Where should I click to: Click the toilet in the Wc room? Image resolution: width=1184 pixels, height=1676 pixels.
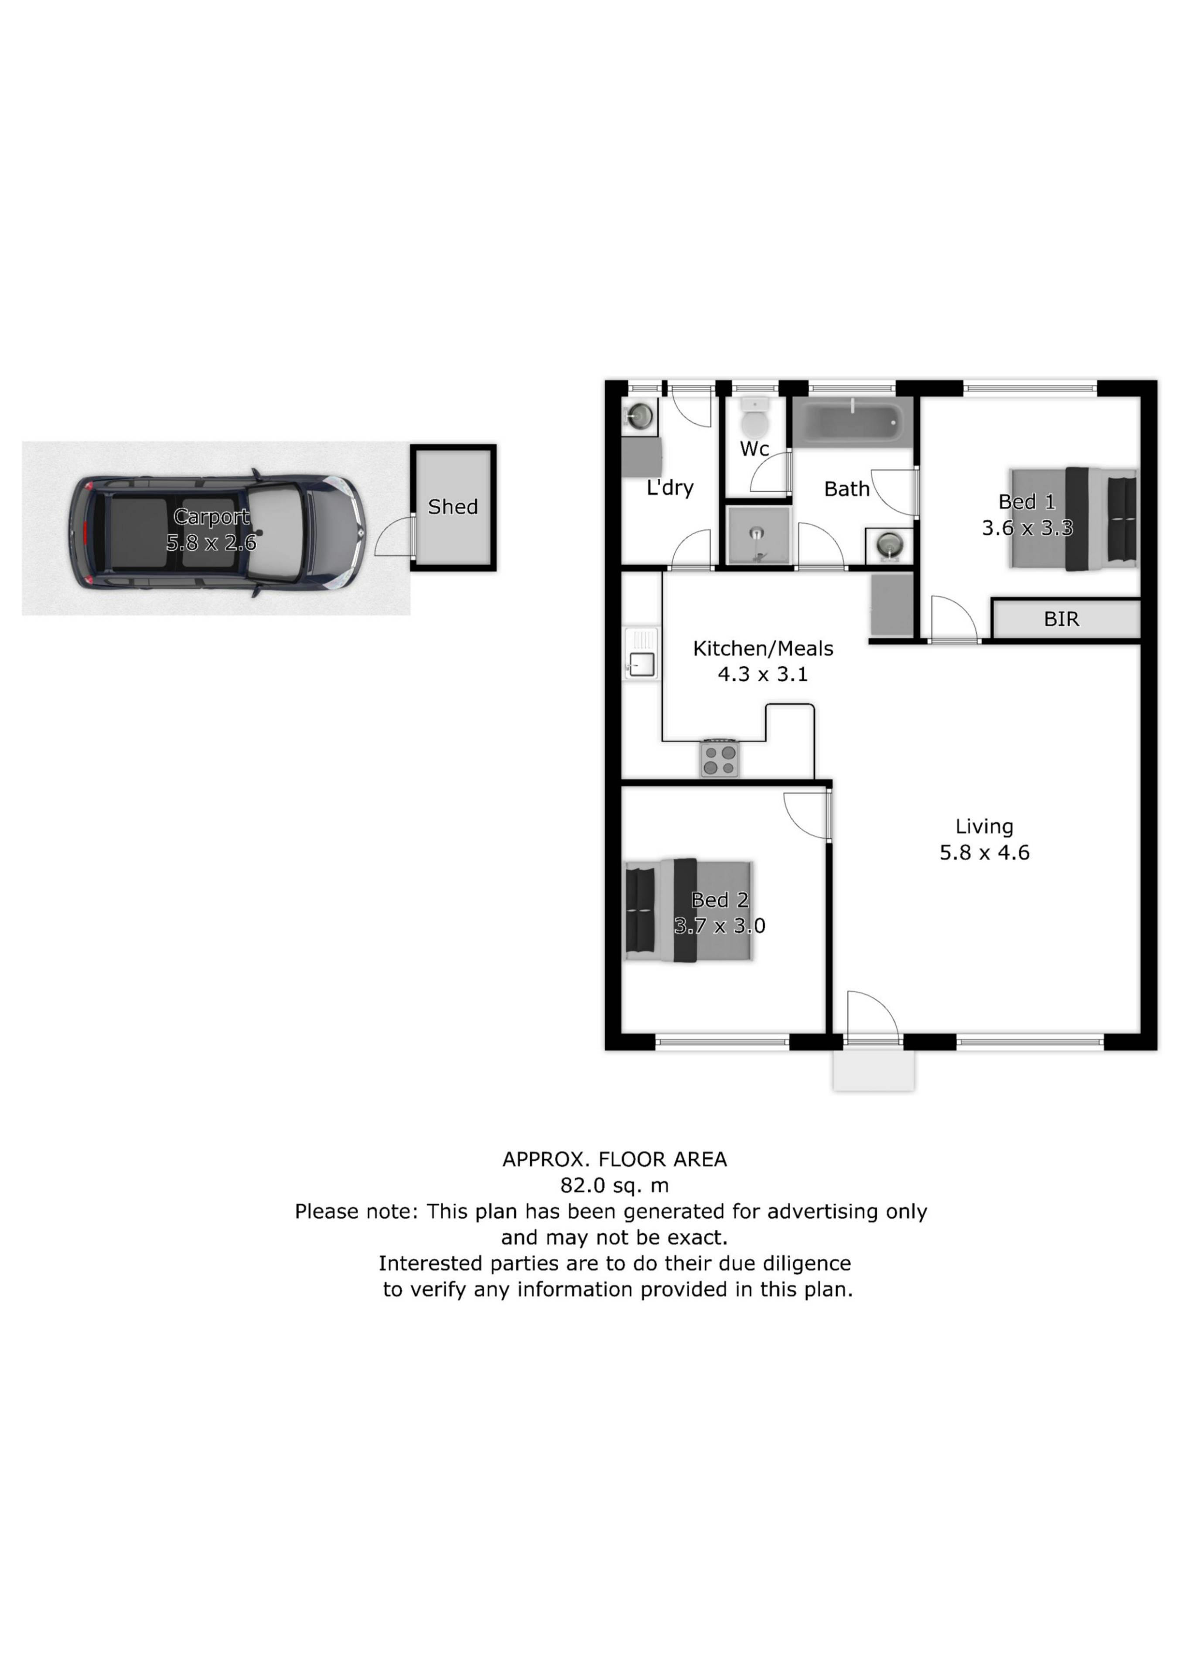coord(751,416)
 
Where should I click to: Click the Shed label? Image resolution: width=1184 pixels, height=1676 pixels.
coord(453,507)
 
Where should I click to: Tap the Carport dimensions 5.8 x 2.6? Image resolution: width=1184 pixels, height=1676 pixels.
coord(211,543)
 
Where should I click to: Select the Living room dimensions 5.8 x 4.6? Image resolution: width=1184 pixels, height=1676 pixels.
coord(984,852)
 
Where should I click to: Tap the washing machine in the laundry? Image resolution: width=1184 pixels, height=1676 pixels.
coord(640,417)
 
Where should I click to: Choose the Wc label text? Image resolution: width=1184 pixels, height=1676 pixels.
coord(754,449)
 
